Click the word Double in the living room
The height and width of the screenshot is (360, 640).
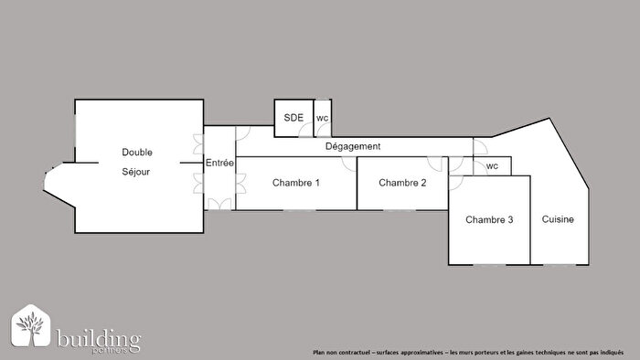pos(137,152)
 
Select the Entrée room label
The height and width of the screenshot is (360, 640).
pos(219,163)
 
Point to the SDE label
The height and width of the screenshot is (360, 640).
pos(293,118)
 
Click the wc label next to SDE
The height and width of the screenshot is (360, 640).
pos(322,118)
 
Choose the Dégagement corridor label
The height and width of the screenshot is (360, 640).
pos(353,146)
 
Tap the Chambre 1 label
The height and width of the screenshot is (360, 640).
pos(296,183)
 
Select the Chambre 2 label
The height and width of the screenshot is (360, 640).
pos(402,183)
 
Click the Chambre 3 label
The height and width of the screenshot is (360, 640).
pos(489,220)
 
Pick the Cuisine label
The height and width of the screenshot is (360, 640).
pos(559,220)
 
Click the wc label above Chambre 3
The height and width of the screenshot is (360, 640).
pos(492,166)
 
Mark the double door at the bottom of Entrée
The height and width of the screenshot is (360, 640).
pos(219,204)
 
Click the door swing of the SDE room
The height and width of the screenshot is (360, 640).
pos(304,132)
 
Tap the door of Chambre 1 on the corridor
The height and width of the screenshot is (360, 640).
pos(349,163)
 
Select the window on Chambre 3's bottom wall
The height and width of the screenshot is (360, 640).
pos(488,265)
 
